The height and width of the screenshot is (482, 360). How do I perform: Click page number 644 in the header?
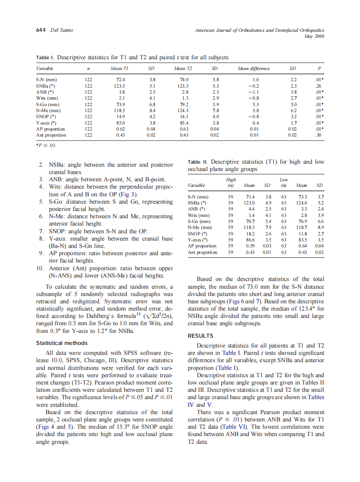(x=41, y=30)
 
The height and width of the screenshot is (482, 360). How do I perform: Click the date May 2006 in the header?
(x=314, y=36)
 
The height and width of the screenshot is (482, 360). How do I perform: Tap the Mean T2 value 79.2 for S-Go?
(x=185, y=104)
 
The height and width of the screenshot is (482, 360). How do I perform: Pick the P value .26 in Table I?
(x=319, y=85)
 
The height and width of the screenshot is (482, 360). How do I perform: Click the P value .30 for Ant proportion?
(x=319, y=135)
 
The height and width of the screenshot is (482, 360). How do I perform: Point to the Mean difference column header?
(x=253, y=68)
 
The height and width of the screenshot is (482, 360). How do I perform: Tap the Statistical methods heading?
(x=61, y=343)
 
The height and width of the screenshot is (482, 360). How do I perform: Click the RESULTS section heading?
(x=201, y=336)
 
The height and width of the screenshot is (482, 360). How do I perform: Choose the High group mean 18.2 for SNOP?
(x=249, y=234)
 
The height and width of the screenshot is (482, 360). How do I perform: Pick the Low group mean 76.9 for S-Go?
(x=302, y=221)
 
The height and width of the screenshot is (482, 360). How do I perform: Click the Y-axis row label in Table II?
(x=198, y=240)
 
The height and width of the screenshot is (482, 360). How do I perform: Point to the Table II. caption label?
(x=198, y=162)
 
